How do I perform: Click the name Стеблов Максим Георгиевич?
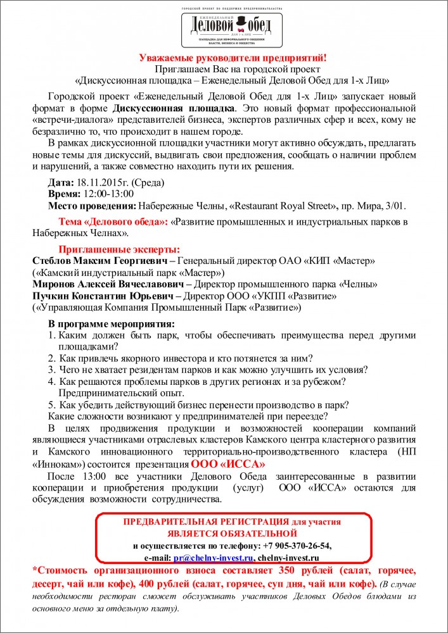point(101,261)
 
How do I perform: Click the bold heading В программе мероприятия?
point(112,323)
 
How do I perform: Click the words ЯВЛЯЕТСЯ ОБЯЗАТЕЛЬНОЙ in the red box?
point(232,534)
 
